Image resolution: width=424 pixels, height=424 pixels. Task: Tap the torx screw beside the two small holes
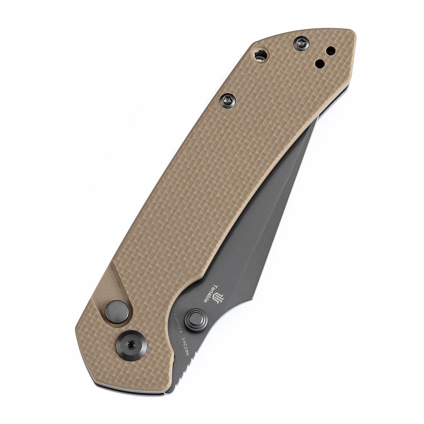[x=301, y=44]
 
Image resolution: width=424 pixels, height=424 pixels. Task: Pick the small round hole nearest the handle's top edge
[x=331, y=51]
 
